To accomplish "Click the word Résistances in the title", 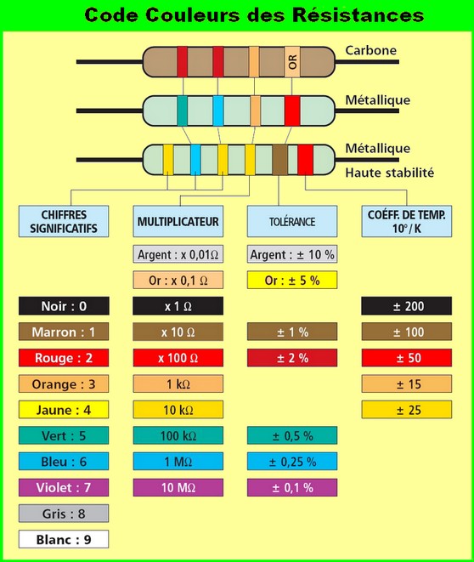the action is (x=358, y=15).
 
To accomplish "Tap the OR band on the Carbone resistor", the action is (x=292, y=62).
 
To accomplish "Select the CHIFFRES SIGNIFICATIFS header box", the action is (x=64, y=221).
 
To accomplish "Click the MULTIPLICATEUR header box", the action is (x=178, y=221).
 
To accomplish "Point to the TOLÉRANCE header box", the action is (x=292, y=221).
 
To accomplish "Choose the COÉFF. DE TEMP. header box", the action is (x=407, y=221).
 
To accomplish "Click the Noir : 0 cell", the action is (x=64, y=306).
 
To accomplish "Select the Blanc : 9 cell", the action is (x=64, y=539).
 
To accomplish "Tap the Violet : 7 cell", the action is (x=64, y=487).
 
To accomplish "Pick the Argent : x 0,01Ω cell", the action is (x=178, y=254).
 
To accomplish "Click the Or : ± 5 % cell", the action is (x=292, y=280).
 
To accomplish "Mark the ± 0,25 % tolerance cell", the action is (x=292, y=462).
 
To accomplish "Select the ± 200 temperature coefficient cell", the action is (x=407, y=306).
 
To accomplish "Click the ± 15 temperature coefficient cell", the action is (x=407, y=383).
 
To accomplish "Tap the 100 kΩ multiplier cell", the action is (x=178, y=435).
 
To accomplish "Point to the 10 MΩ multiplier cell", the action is (x=178, y=487).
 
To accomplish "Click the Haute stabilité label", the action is (x=390, y=173).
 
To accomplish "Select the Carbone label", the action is (x=371, y=50).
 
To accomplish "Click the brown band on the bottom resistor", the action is (x=280, y=160).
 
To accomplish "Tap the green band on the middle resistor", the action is (x=183, y=111).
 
